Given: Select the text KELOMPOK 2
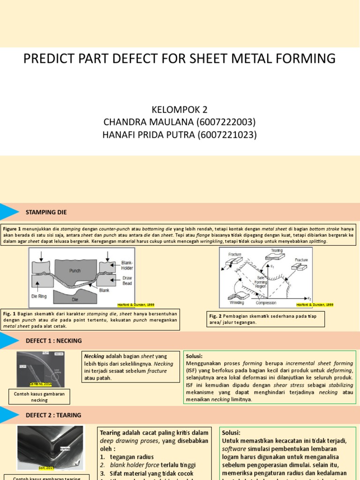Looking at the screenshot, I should [x=180, y=110].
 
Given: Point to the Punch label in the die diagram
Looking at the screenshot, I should [x=75, y=270].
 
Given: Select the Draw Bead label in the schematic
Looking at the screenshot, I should [x=127, y=280].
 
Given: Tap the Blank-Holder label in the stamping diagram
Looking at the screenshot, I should [x=127, y=265].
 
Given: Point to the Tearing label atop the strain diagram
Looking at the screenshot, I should [x=277, y=250].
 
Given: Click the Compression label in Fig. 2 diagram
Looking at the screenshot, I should [x=265, y=303].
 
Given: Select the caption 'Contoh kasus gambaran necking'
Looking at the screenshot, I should [x=39, y=397].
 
